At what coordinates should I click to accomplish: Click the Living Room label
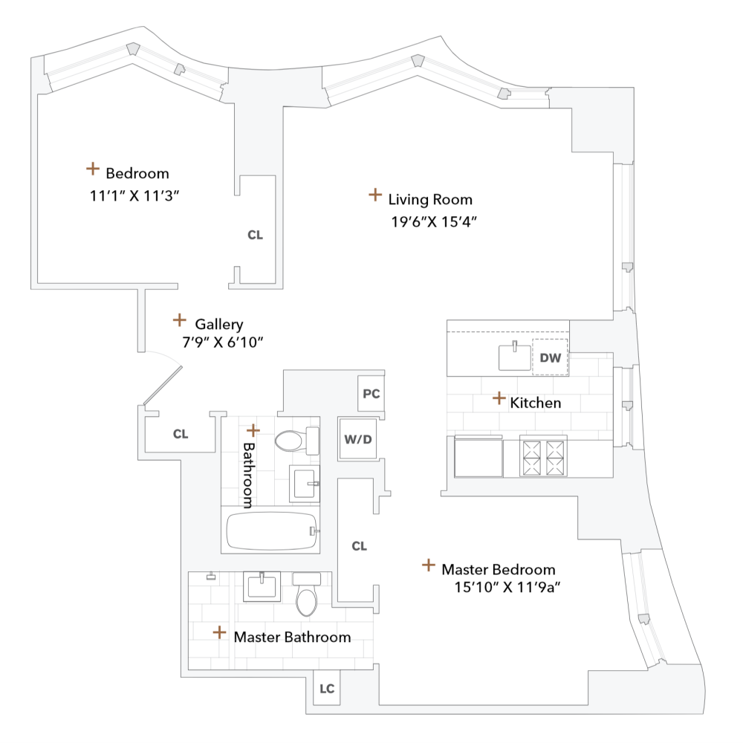pos(430,199)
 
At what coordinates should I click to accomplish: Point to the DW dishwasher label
pos(550,358)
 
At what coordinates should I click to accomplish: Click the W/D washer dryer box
pos(357,439)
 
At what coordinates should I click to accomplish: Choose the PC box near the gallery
pos(371,394)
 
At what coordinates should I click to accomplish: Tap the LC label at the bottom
pos(327,690)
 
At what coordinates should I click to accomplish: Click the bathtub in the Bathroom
pos(271,531)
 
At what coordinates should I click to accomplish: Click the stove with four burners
pos(543,455)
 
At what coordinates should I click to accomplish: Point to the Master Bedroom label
pos(498,570)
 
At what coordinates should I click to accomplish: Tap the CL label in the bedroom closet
pos(255,235)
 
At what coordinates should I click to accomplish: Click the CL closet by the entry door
pos(181,434)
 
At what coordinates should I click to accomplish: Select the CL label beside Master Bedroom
pos(359,546)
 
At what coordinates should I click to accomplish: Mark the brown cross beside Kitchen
pos(499,399)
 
